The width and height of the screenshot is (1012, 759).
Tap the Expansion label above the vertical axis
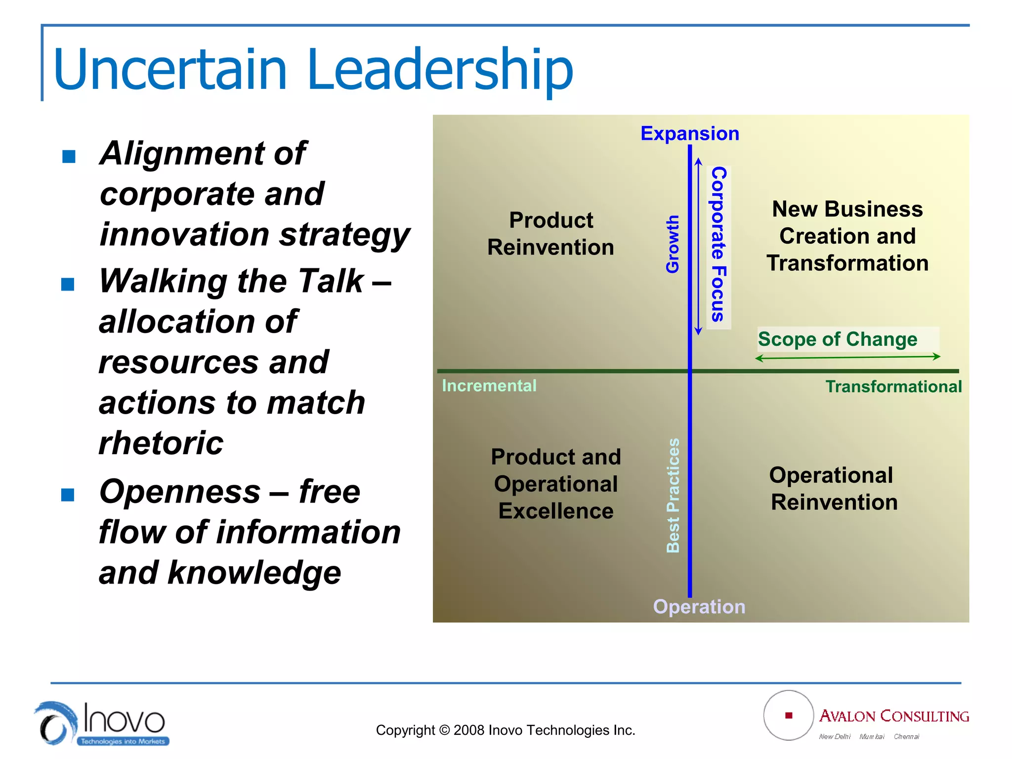(x=690, y=133)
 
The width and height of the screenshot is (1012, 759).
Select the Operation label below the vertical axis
(x=699, y=606)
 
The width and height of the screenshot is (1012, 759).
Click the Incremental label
(x=489, y=385)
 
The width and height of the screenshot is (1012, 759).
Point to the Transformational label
(x=893, y=386)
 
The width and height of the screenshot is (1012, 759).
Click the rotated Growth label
(x=673, y=244)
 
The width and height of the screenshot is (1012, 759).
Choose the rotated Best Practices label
(x=673, y=495)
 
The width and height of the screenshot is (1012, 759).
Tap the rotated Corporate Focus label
(x=718, y=244)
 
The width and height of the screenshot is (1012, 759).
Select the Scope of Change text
(x=838, y=339)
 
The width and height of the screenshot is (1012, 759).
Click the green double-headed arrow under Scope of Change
(x=847, y=357)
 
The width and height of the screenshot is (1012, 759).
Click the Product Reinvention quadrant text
(x=550, y=234)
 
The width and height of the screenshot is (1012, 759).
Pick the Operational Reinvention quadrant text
(x=833, y=488)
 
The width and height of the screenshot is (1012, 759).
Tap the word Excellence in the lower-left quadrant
(x=556, y=511)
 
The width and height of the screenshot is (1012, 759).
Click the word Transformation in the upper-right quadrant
(x=847, y=263)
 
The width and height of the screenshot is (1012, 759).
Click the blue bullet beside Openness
(x=68, y=495)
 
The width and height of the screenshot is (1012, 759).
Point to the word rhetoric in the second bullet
(x=161, y=442)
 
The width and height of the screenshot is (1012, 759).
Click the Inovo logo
(x=101, y=723)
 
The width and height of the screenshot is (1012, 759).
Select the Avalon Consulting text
(x=893, y=716)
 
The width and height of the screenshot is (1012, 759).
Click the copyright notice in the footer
(x=505, y=730)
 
